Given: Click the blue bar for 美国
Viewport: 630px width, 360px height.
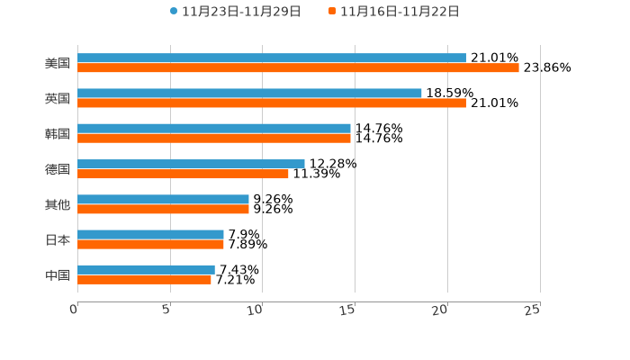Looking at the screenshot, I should click(x=272, y=58).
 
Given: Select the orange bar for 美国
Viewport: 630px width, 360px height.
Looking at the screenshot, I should click(x=298, y=67).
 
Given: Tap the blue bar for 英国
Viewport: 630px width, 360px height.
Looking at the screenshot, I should click(x=249, y=93).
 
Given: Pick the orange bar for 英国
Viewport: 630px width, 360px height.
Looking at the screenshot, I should click(x=272, y=103).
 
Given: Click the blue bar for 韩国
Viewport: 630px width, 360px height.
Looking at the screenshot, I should click(x=214, y=128).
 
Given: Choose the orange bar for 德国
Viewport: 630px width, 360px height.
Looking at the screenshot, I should click(x=183, y=174).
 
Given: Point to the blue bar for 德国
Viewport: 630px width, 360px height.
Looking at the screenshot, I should click(x=191, y=164).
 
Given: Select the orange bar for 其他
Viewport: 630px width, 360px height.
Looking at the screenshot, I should click(x=163, y=209).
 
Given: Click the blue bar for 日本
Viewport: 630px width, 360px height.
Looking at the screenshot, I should click(x=150, y=234).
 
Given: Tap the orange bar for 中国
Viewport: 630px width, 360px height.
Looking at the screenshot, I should click(x=144, y=279).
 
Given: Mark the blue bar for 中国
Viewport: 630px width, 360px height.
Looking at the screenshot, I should click(x=146, y=269).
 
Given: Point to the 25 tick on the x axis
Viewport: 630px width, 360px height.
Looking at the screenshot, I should click(x=533, y=310).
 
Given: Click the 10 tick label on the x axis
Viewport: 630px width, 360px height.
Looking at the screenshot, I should click(x=256, y=310).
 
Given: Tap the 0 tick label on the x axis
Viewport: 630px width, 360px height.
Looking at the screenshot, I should click(x=74, y=310).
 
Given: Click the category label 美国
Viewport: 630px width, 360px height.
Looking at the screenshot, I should click(x=58, y=63).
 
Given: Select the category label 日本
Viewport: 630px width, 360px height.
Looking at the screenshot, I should click(x=58, y=239).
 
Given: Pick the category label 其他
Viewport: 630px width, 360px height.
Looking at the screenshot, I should click(x=58, y=204).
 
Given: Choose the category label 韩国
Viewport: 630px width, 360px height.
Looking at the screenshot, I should click(x=58, y=133).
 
